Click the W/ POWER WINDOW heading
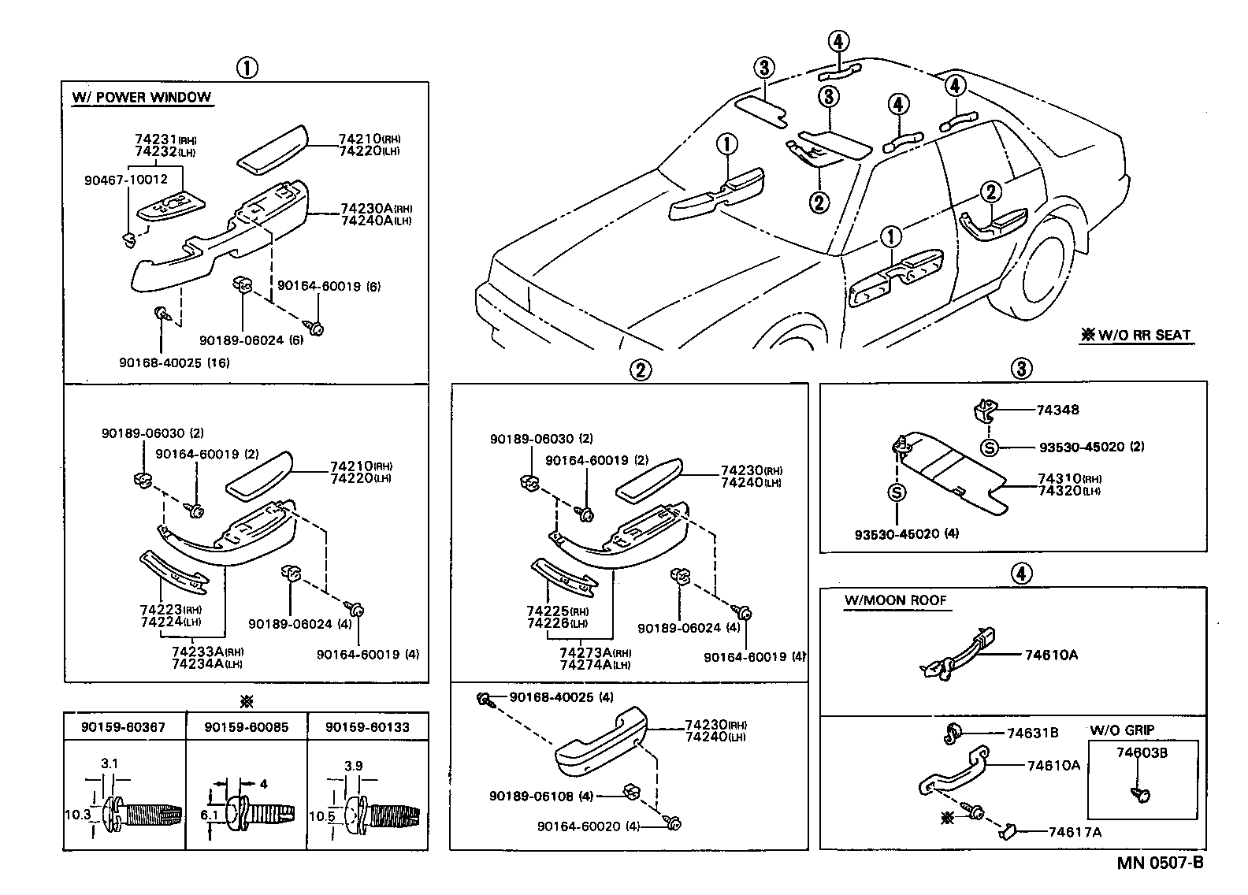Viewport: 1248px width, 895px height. [142, 98]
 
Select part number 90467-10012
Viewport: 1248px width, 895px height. [125, 180]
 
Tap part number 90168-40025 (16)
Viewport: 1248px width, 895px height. [174, 362]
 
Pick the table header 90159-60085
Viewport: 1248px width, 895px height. [246, 727]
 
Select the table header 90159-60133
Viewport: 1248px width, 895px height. [367, 727]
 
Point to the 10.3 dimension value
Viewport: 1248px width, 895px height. [76, 815]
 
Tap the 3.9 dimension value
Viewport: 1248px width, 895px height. [355, 766]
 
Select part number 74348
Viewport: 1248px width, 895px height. [1057, 410]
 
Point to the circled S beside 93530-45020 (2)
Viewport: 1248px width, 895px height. [990, 447]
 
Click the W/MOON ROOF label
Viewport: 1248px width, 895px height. [895, 600]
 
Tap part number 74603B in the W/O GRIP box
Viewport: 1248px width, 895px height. [1142, 752]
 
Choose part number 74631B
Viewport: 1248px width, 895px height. [1032, 733]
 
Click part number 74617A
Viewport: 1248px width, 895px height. [1074, 832]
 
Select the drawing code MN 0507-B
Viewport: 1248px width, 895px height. [1160, 863]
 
